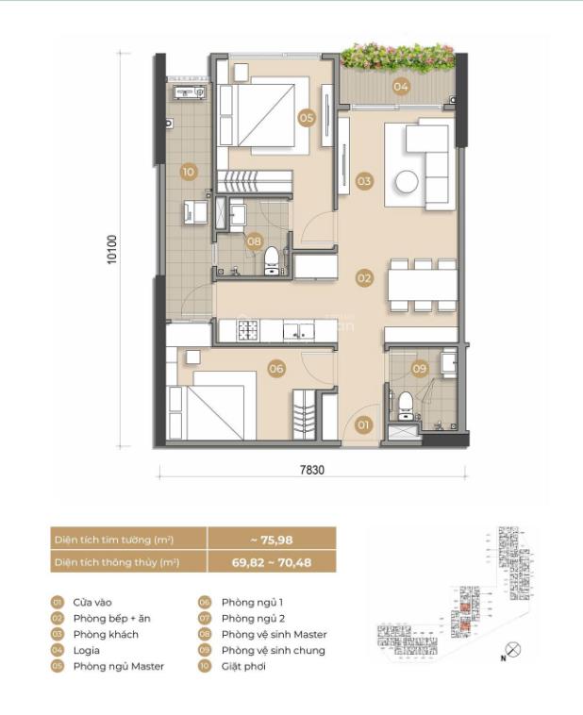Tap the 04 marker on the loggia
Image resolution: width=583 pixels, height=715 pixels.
tap(401, 87)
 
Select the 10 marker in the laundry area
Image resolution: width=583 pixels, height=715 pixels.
tap(189, 172)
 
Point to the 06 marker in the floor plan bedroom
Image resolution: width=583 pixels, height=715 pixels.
tap(276, 369)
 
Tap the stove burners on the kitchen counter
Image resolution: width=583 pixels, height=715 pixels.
tap(248, 330)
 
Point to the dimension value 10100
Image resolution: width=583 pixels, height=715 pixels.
tap(113, 247)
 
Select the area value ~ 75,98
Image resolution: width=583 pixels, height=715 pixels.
tap(271, 539)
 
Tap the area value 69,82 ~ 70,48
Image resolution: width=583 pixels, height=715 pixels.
tap(271, 562)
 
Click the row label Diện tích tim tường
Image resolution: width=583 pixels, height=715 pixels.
tap(113, 539)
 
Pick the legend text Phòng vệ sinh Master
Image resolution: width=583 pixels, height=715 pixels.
tap(274, 634)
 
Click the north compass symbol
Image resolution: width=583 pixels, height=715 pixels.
tap(512, 649)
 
